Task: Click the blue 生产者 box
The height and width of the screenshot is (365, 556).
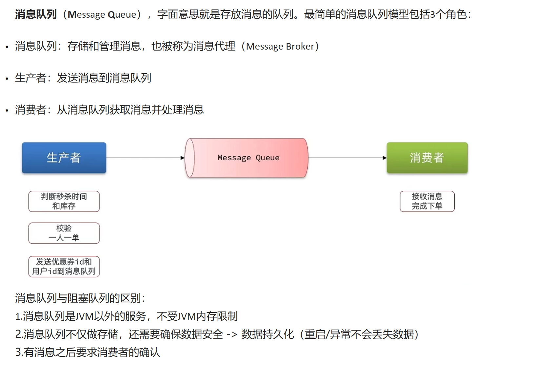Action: pos(64,158)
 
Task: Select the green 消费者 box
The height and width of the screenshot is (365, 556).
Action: pos(427,158)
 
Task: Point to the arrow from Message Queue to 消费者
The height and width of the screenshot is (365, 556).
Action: pos(347,158)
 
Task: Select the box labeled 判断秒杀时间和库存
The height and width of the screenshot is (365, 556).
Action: pos(64,201)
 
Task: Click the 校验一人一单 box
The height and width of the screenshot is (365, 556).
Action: pos(64,233)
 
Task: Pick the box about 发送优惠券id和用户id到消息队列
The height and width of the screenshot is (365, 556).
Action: pos(64,267)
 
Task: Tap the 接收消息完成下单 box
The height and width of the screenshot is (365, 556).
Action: pos(427,201)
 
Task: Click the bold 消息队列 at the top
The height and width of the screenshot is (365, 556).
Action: pos(36,14)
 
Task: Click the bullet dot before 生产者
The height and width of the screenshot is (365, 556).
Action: pos(7,79)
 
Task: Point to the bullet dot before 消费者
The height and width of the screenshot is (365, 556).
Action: pos(7,111)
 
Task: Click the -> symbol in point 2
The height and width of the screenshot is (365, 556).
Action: pos(232,334)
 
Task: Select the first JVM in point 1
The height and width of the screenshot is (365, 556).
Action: pos(85,316)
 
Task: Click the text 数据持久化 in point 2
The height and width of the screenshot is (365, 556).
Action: pos(268,334)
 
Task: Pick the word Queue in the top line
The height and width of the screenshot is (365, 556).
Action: pos(122,14)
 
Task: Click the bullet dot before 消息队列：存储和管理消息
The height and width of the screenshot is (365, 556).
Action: pos(7,47)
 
